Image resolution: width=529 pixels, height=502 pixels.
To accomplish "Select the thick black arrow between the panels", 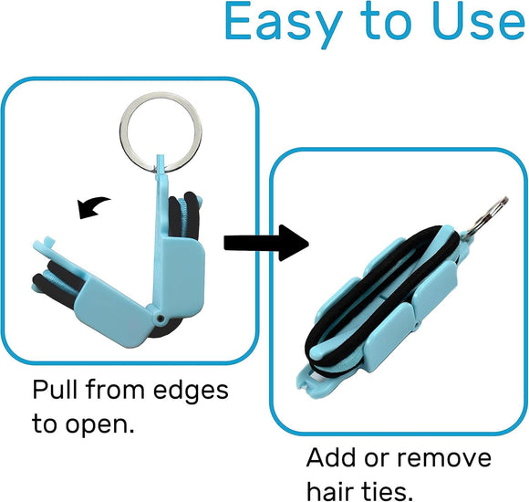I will coord(264,241).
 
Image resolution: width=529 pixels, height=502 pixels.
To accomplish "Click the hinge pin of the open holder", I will coord(161,320).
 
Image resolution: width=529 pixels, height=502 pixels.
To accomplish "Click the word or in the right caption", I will coord(382,459).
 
